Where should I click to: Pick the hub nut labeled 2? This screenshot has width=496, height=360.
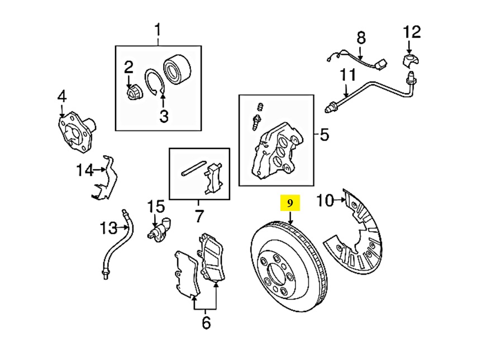point(133,92)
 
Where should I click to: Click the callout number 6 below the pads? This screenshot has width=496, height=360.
point(206,322)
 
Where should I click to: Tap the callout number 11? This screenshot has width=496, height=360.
point(347,74)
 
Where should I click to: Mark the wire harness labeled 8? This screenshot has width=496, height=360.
point(357,57)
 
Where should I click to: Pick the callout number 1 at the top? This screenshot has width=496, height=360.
point(158,29)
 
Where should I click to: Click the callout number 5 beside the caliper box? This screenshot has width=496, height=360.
point(326,134)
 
